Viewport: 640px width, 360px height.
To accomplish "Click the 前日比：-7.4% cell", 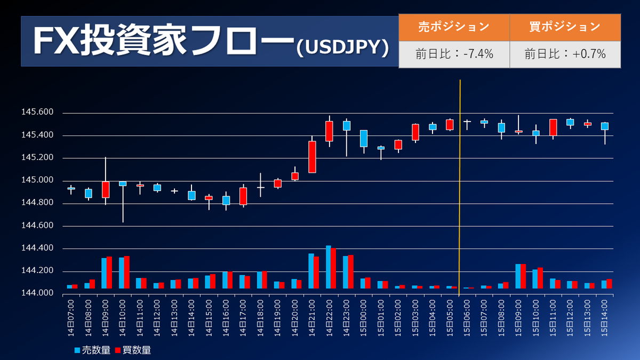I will [x=454, y=54].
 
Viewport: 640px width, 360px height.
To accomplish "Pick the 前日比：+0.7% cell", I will [x=565, y=54].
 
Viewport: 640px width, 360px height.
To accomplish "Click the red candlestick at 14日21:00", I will [x=312, y=157].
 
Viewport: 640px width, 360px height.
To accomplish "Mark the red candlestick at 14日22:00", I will [x=329, y=131].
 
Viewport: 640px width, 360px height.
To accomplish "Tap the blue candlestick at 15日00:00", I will [x=363, y=138].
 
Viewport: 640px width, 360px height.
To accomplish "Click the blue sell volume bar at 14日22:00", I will [x=328, y=267].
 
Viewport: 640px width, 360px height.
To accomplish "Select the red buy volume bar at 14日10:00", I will [x=127, y=273].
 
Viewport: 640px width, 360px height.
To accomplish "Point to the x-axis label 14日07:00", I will [x=71, y=317].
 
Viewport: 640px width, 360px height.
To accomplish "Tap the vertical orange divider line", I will [x=460, y=187].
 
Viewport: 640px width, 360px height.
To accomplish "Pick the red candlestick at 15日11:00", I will [x=553, y=127].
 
